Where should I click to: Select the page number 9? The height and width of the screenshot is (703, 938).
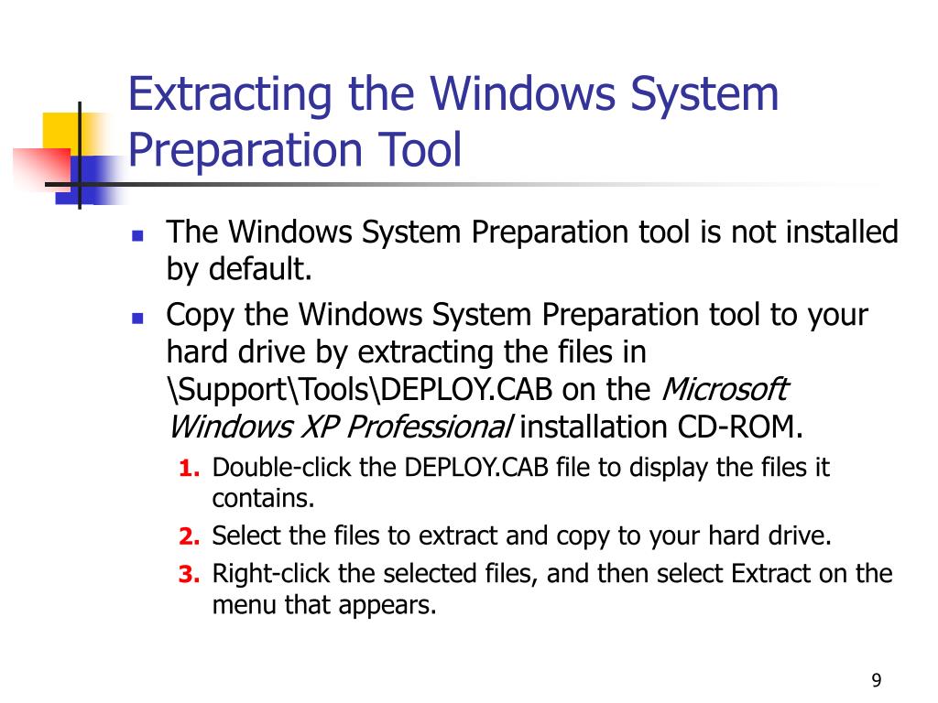click(x=877, y=680)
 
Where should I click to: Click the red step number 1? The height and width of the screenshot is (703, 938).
click(x=189, y=469)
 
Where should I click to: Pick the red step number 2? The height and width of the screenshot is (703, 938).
click(x=189, y=536)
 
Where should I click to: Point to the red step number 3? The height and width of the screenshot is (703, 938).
click(x=189, y=575)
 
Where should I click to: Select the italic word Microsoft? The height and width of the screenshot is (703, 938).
click(x=724, y=389)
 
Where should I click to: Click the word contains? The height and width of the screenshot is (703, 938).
click(x=263, y=499)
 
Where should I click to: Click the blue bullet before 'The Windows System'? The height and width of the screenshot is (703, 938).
click(x=138, y=234)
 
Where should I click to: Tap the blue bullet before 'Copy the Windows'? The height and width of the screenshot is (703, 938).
click(x=138, y=318)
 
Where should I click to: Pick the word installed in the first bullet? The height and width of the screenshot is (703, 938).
click(x=842, y=233)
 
